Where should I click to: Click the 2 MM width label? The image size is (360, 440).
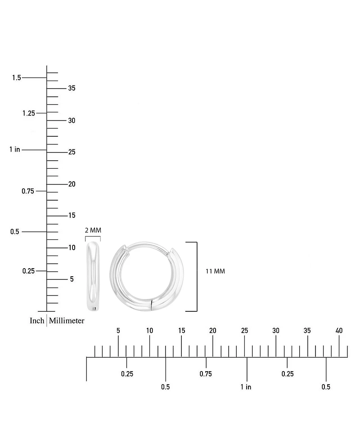click(x=93, y=230)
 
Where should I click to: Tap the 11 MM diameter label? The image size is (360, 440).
click(x=215, y=271)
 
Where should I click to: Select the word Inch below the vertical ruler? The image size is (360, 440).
click(x=37, y=321)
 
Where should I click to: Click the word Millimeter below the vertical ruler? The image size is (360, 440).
click(x=67, y=321)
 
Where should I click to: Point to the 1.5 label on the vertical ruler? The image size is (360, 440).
click(x=17, y=78)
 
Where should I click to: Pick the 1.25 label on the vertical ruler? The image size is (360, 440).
click(x=29, y=113)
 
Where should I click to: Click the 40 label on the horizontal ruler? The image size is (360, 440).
click(x=339, y=331)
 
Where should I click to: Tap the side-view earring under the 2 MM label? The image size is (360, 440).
click(x=93, y=276)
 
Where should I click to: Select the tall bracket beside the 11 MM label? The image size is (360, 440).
click(x=197, y=277)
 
